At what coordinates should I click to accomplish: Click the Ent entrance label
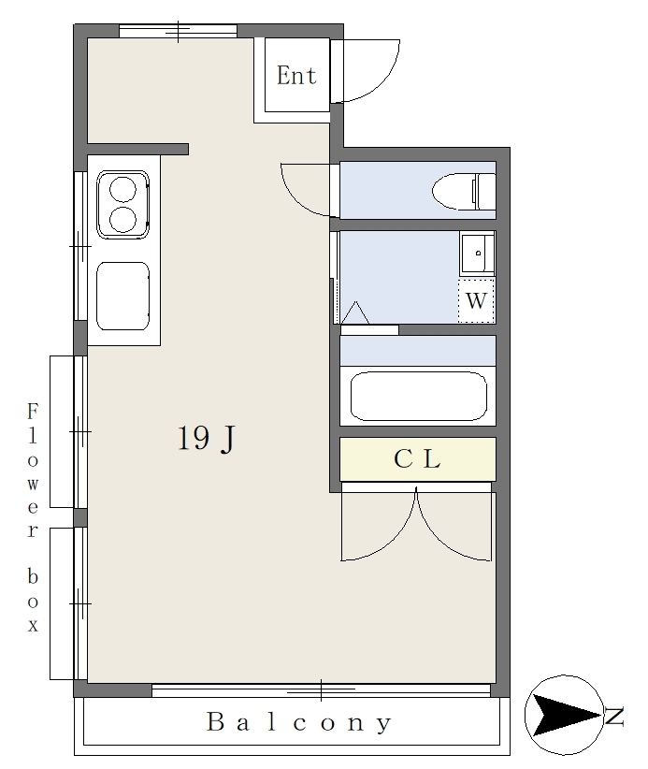pyautogui.click(x=296, y=76)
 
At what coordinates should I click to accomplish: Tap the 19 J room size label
pyautogui.click(x=206, y=438)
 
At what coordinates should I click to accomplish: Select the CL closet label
pyautogui.click(x=417, y=459)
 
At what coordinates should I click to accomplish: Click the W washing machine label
pyautogui.click(x=476, y=300)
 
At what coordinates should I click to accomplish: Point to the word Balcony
pyautogui.click(x=299, y=722)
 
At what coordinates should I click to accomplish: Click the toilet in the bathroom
pyautogui.click(x=464, y=191)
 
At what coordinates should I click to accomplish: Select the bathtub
pyautogui.click(x=419, y=397)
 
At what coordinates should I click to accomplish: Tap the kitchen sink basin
pyautogui.click(x=123, y=297)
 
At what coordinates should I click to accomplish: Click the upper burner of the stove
pyautogui.click(x=122, y=189)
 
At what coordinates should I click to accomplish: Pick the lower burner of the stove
pyautogui.click(x=122, y=220)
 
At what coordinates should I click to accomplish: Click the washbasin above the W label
pyautogui.click(x=477, y=254)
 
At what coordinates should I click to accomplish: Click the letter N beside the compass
pyautogui.click(x=614, y=716)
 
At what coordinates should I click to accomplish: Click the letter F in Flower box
pyautogui.click(x=33, y=411)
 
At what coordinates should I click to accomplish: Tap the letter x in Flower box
pyautogui.click(x=33, y=625)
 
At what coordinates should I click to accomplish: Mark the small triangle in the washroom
pyautogui.click(x=355, y=314)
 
